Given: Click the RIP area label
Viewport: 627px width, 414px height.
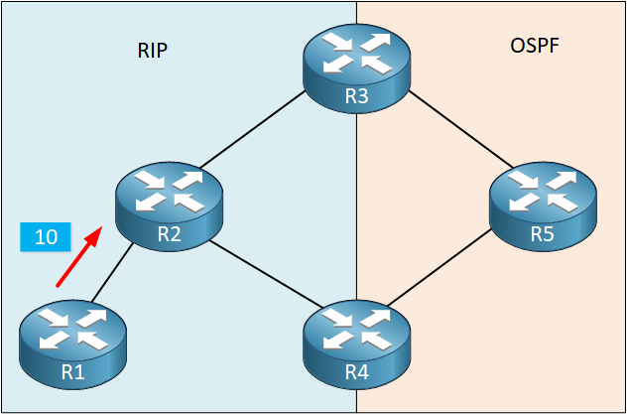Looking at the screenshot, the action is pos(153,51).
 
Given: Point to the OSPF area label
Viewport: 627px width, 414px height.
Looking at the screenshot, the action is pos(535,47).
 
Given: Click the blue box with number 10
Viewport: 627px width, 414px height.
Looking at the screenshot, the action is pos(46,237).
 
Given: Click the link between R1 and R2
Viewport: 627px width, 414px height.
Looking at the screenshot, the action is pos(112,272).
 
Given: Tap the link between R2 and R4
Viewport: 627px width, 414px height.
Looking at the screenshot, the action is pos(266,274).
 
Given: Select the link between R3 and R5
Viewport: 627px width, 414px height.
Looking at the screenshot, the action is pos(460,129).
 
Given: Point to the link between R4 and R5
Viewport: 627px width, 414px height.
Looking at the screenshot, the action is pos(439,269).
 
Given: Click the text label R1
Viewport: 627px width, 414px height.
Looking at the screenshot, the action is pos(73,372).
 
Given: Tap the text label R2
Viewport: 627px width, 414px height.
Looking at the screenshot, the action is pos(170,234).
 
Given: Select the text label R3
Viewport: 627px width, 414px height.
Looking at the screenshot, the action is pos(356,97).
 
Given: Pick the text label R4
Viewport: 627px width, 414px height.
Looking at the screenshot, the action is pos(356,372).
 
